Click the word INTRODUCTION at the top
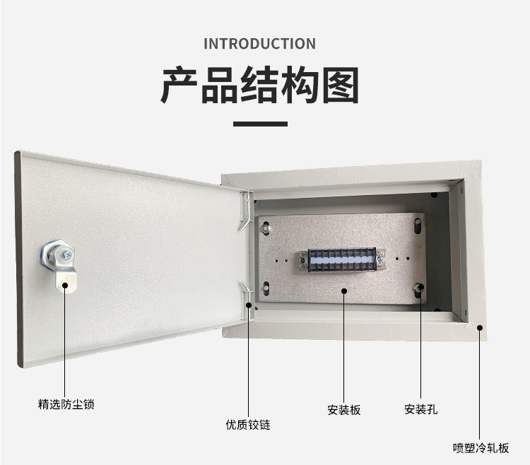[259, 44]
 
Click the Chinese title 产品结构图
[259, 85]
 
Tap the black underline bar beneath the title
[260, 124]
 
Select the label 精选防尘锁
[66, 404]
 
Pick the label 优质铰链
[248, 425]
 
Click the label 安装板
[344, 410]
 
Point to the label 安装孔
[421, 409]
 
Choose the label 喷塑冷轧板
[481, 448]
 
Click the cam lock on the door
[60, 265]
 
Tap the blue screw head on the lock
[68, 254]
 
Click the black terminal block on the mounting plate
[342, 260]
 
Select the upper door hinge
[247, 210]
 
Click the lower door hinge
[247, 300]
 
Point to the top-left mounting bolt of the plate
[266, 228]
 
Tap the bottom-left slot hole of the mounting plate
[266, 288]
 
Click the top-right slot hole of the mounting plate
[418, 225]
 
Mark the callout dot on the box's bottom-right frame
[480, 328]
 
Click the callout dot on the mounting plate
[344, 291]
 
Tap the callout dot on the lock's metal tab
[65, 286]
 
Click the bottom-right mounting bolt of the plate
[418, 289]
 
